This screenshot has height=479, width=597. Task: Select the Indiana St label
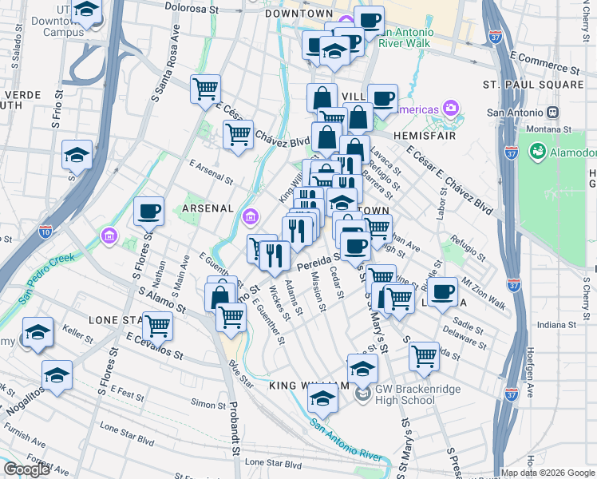tap(555, 325)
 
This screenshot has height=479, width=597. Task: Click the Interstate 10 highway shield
tap(45, 231)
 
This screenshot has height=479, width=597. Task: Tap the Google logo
tap(26, 469)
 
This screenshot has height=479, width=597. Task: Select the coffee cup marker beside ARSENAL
tap(149, 212)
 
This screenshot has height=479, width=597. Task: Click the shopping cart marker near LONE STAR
tap(157, 326)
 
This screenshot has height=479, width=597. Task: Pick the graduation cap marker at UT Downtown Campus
tap(86, 12)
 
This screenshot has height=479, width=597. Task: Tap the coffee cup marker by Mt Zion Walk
tap(442, 291)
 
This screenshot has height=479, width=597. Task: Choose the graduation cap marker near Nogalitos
tap(57, 374)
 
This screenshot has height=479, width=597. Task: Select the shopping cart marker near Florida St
tap(424, 356)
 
